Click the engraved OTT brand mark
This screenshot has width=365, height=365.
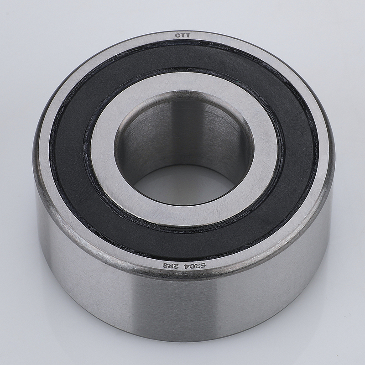[x=182, y=36]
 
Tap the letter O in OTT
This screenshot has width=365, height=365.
[x=177, y=36]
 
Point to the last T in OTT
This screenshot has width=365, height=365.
[x=188, y=36]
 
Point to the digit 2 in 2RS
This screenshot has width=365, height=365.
[x=172, y=266]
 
